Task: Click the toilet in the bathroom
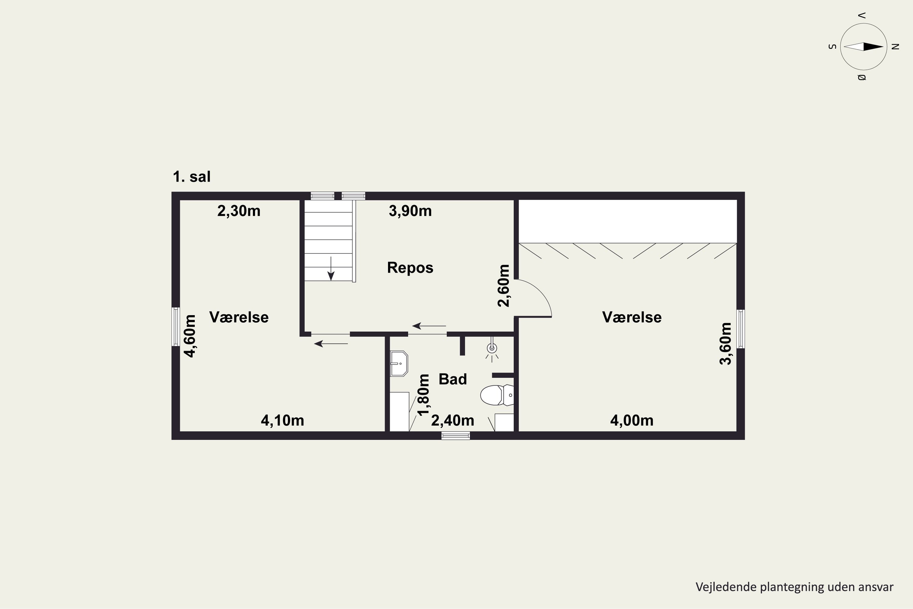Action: (497, 395)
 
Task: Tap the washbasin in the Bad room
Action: (399, 364)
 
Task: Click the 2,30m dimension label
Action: (239, 211)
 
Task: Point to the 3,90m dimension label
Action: (410, 211)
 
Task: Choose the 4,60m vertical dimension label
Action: (190, 336)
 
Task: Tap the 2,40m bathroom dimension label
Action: (453, 420)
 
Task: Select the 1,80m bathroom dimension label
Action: (424, 395)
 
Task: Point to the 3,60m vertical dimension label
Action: (726, 344)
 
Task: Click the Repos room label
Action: (410, 268)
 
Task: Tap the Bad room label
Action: (453, 379)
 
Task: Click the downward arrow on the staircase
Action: (331, 268)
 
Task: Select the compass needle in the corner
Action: (864, 47)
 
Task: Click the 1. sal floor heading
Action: (192, 177)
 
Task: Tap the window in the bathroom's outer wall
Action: (456, 436)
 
